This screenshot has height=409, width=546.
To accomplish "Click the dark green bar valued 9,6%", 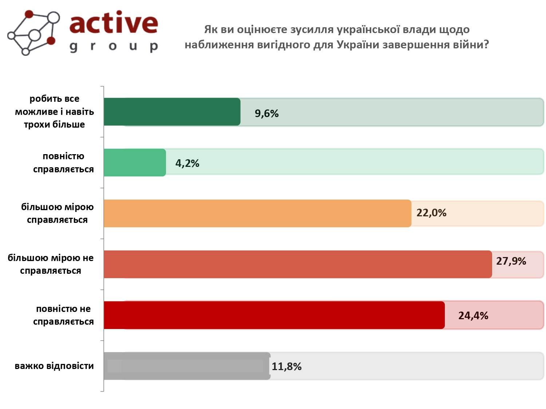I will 172,112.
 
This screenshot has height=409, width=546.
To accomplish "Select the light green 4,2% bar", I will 135,163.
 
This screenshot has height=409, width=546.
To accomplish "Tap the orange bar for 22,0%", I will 257,213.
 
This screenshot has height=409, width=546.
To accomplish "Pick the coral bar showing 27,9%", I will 298,264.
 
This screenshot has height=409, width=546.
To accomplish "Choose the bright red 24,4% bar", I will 274,315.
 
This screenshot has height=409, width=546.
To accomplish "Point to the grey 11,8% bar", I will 187,366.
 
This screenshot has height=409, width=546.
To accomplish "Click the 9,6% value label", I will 266,113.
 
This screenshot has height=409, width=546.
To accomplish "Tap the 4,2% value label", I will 187,163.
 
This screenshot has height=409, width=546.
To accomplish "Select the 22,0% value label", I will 431,213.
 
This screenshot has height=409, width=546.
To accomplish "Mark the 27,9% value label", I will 511,261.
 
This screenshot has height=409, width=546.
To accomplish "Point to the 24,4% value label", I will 473,316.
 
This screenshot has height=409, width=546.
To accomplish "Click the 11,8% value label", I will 286,366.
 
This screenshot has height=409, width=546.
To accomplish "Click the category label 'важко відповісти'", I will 54,366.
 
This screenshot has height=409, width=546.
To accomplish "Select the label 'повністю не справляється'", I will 63,315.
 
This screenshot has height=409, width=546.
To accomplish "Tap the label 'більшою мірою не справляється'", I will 51,264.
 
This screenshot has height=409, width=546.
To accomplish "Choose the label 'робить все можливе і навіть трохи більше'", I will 54,112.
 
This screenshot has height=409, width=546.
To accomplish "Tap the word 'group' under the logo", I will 114,47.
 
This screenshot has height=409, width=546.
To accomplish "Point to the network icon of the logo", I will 33,33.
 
